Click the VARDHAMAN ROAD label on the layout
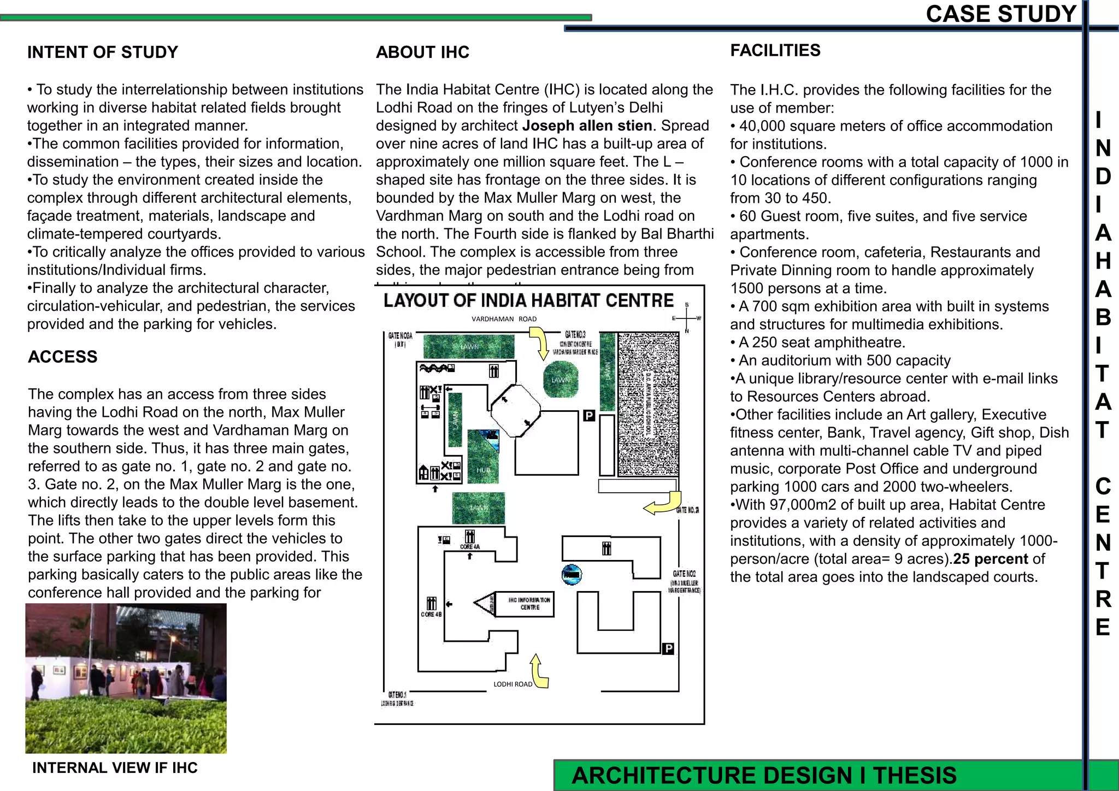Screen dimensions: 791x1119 (x=504, y=319)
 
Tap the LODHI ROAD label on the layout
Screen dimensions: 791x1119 (x=513, y=684)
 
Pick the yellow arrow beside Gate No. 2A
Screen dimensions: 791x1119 (x=663, y=504)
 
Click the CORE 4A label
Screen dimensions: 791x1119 (x=469, y=546)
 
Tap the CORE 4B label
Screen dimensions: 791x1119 (x=431, y=615)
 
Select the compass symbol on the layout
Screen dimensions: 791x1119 (x=687, y=318)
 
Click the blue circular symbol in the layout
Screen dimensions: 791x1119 (x=572, y=575)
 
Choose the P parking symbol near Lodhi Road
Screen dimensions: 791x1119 (x=668, y=648)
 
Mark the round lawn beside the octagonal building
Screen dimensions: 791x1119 (x=561, y=379)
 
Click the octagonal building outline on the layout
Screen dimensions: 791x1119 (x=515, y=411)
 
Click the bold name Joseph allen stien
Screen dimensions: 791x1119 (x=587, y=126)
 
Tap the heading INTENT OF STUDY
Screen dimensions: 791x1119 (x=103, y=52)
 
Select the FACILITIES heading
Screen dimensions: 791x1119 (x=775, y=51)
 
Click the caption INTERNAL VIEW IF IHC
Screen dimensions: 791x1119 (x=115, y=768)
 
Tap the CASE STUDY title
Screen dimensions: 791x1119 (x=1001, y=14)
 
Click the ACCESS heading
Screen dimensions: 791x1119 (x=63, y=357)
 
